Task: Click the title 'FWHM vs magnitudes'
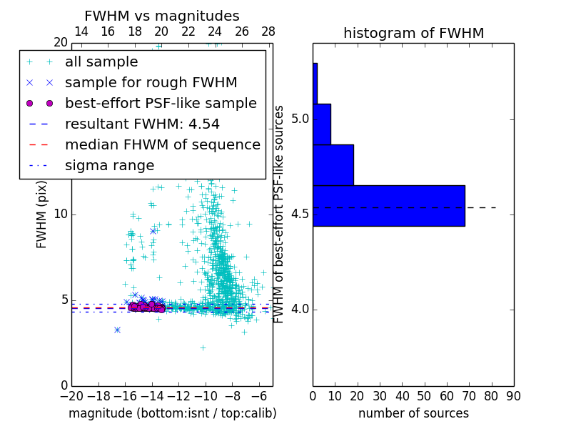(162, 16)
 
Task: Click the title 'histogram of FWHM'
(413, 33)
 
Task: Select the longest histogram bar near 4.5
(388, 206)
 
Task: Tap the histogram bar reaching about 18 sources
(333, 165)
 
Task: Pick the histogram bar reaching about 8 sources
(322, 124)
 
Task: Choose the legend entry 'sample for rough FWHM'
(151, 82)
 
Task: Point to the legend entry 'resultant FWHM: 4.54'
(142, 124)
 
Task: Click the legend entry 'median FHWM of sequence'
(162, 144)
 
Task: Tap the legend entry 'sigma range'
(109, 165)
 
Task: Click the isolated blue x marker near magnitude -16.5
(117, 330)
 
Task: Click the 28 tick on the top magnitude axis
(268, 31)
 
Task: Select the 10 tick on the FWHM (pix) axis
(61, 214)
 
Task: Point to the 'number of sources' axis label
(413, 413)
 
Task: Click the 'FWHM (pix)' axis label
(42, 214)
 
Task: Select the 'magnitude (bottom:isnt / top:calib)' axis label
(172, 413)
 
